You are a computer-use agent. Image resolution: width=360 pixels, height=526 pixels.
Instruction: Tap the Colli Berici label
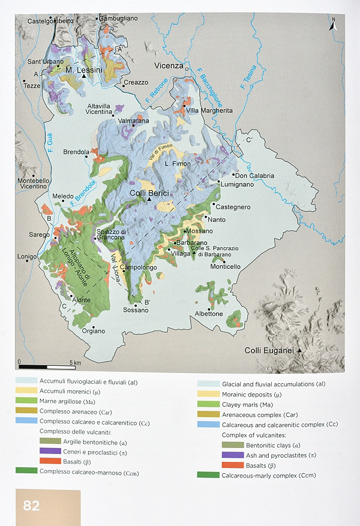pos(149,193)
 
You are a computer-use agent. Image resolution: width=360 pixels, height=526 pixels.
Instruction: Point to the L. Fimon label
pos(179,164)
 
